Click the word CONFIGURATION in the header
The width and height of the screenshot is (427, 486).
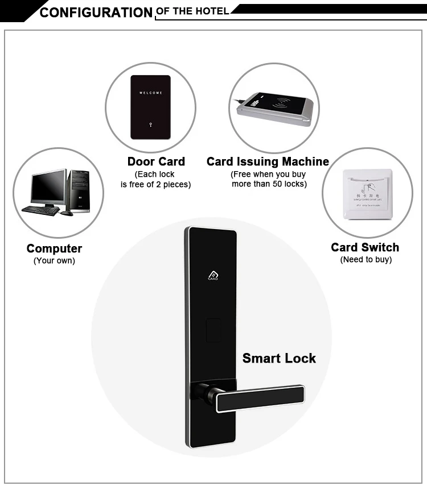[96, 13]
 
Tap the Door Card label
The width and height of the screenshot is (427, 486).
[156, 161]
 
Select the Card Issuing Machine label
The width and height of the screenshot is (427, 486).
[268, 161]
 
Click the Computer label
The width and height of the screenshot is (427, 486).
[54, 248]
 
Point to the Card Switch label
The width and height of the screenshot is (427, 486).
[365, 247]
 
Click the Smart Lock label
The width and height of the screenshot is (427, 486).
[279, 358]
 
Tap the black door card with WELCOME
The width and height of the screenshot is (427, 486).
[150, 107]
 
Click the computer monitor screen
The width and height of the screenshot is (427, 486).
[48, 187]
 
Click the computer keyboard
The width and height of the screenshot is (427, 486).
[40, 210]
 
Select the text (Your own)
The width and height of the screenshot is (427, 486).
[54, 261]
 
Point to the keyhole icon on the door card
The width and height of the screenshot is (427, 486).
[150, 124]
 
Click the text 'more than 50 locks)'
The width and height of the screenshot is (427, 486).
[269, 184]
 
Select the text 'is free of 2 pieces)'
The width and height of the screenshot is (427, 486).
[155, 184]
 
